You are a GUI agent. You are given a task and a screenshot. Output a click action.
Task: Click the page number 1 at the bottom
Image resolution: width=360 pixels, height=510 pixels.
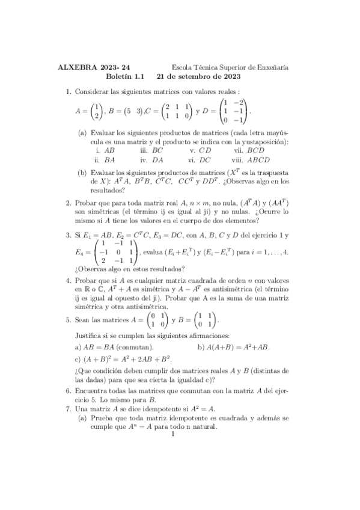(x=172, y=435)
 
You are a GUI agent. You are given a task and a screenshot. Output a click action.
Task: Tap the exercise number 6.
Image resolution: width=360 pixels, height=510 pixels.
(x=68, y=390)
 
